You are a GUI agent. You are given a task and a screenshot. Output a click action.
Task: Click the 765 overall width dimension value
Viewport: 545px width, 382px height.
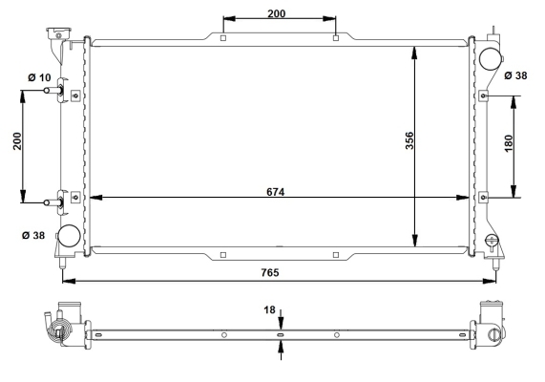[x=270, y=272]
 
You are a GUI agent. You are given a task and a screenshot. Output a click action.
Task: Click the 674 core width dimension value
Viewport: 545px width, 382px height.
[x=275, y=192]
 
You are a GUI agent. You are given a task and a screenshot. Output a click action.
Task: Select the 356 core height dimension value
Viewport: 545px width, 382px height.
[x=409, y=140]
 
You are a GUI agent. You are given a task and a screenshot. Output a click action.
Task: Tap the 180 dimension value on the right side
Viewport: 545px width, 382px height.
[x=508, y=143]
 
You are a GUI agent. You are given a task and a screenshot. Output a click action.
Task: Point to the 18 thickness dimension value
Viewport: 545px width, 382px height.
[x=269, y=309]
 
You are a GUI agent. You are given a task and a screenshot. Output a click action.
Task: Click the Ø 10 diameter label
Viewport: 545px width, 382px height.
[x=39, y=77]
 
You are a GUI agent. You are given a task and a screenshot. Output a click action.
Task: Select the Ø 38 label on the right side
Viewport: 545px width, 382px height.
[x=515, y=75]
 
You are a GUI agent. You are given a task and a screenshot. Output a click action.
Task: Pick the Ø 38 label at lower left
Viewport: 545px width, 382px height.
[x=33, y=236]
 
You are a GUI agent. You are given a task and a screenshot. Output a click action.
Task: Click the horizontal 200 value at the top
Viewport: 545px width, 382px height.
[x=277, y=13]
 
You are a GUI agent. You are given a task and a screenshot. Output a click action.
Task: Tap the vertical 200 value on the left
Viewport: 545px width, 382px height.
[x=17, y=141]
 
